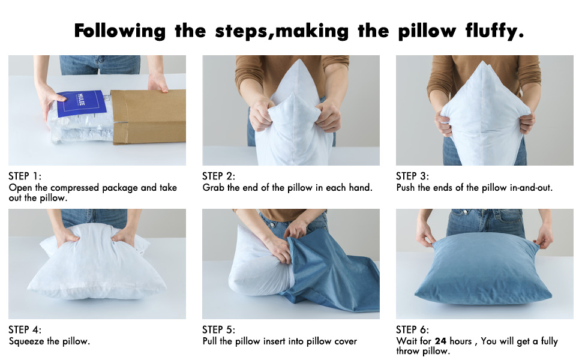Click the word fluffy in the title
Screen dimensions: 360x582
point(490,31)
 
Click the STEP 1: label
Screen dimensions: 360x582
point(25,176)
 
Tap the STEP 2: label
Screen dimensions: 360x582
point(219,176)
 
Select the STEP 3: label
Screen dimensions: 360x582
point(413,176)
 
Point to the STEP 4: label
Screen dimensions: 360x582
point(25,330)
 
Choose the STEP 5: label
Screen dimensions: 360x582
point(219,330)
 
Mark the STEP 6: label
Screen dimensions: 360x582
point(413,330)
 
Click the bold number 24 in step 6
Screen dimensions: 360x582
point(441,341)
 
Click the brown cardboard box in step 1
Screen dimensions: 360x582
point(150,117)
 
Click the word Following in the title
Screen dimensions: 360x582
point(120,31)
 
